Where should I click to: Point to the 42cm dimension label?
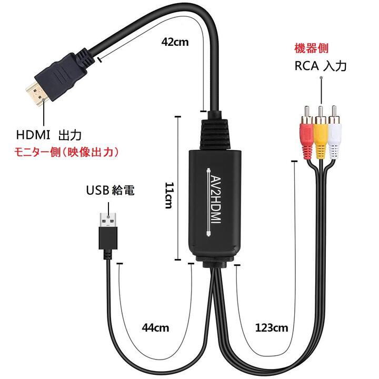point(174,43)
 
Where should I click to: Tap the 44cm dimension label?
point(155,327)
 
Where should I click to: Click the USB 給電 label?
point(110,190)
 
